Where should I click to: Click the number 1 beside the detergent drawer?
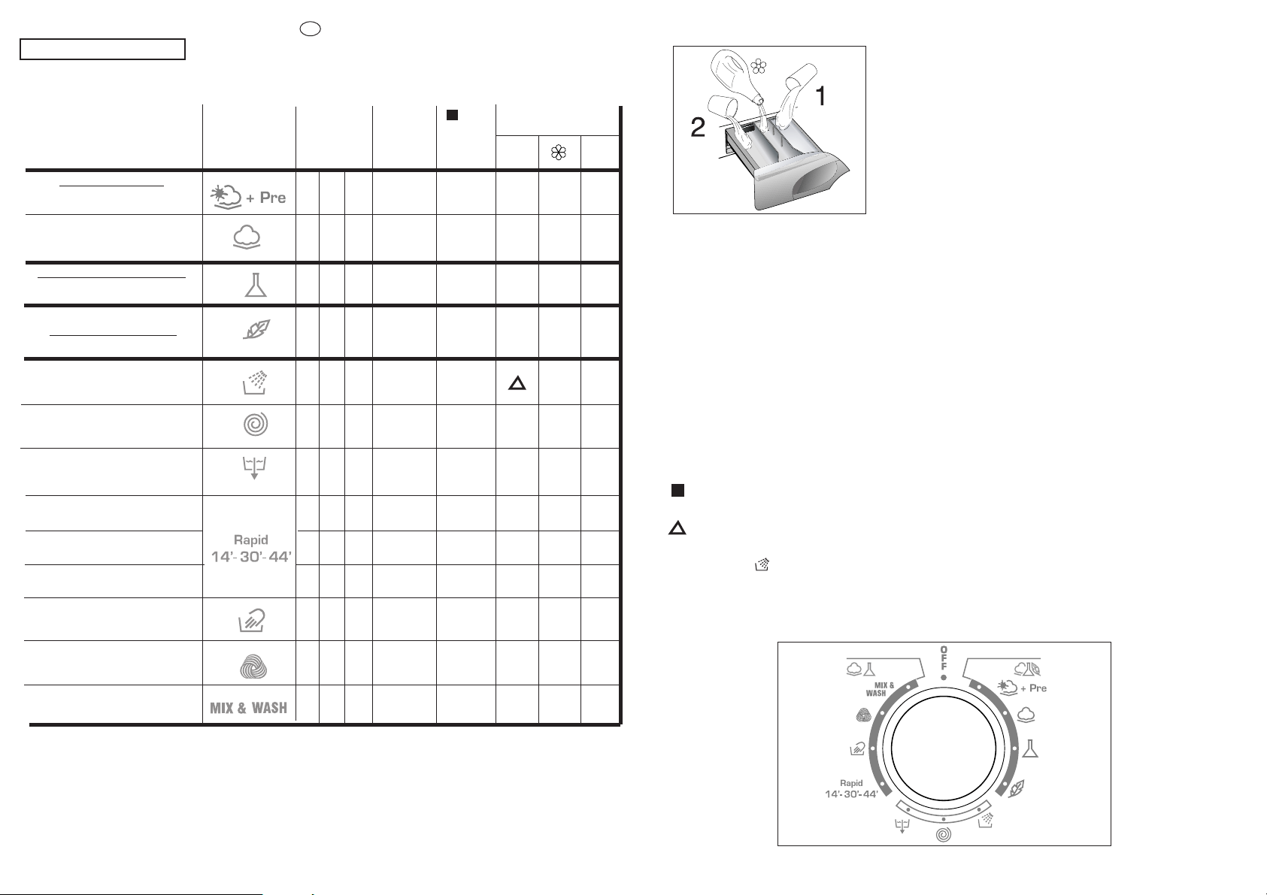click(820, 96)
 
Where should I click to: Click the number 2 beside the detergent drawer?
click(698, 127)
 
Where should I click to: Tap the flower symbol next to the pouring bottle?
click(759, 67)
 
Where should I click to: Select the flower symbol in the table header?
click(558, 152)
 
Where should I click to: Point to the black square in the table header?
click(452, 115)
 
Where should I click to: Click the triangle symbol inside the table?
click(517, 383)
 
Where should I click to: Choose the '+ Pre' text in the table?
click(266, 198)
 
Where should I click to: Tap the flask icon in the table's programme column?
click(256, 285)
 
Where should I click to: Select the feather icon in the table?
click(257, 329)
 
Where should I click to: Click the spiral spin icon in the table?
click(256, 424)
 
